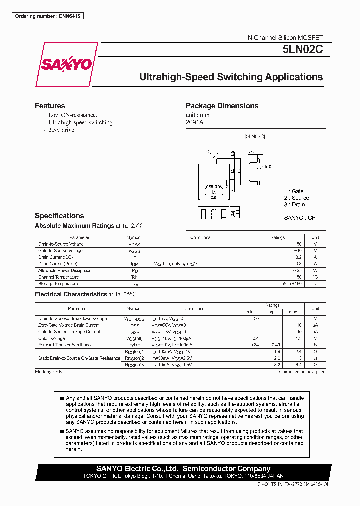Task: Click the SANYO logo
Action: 66,64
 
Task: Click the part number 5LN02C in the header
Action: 302,50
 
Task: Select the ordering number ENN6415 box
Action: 47,16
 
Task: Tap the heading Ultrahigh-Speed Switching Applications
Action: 231,77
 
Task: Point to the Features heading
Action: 50,106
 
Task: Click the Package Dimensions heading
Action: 222,106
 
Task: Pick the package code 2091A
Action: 195,122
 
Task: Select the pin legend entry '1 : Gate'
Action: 294,191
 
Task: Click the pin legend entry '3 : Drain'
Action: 294,204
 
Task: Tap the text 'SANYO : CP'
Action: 300,218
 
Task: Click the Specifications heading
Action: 59,216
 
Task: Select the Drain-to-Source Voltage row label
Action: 60,244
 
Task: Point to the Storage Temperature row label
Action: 58,283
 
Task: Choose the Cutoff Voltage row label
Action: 52,338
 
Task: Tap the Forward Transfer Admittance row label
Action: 65,345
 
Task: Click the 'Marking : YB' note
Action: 48,372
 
